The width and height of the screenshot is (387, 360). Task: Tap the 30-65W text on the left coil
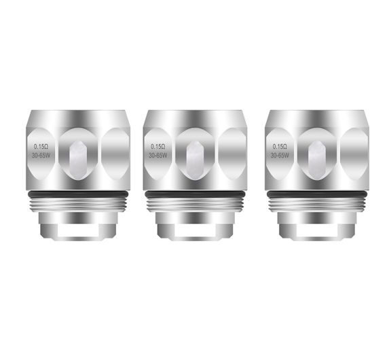[41, 155]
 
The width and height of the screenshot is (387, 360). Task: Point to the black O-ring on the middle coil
[194, 195]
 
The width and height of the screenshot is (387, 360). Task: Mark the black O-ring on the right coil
[315, 195]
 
